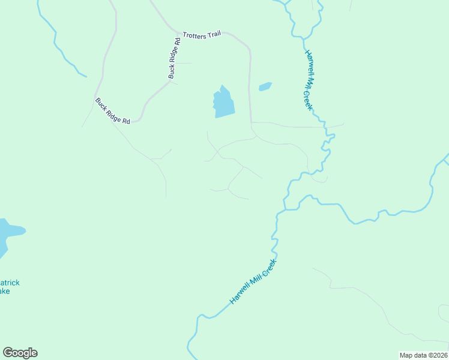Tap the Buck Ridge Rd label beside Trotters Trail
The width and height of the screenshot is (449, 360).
tap(175, 58)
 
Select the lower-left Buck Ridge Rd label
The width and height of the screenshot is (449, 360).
tap(112, 111)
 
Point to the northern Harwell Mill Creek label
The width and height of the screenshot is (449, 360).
tap(309, 79)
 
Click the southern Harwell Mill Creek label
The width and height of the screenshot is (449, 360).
tap(253, 281)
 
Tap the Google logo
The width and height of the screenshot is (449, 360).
tap(20, 353)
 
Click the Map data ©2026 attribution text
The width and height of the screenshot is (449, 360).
tap(424, 355)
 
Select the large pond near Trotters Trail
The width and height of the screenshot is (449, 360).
tap(223, 103)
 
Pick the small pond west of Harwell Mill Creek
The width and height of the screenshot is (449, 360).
tap(265, 87)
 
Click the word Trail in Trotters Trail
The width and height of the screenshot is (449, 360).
tap(214, 35)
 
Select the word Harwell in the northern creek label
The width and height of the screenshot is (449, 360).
tap(308, 60)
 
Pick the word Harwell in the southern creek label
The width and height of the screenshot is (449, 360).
tap(240, 294)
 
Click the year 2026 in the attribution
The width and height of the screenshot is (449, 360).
tap(439, 355)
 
